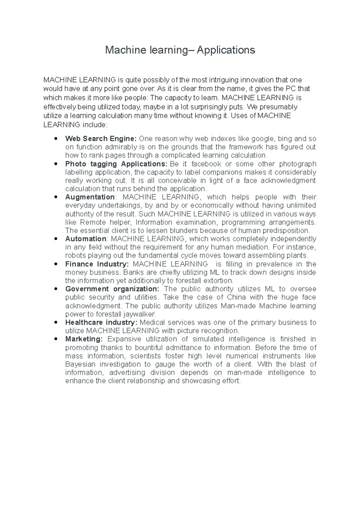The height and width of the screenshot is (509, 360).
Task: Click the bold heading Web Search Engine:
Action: tap(101, 139)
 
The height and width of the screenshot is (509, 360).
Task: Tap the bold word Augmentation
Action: tap(90, 197)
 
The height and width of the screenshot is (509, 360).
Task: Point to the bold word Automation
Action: tap(85, 239)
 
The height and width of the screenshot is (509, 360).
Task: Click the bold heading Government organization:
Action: tap(112, 289)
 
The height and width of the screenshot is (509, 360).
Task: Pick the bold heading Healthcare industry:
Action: tap(101, 323)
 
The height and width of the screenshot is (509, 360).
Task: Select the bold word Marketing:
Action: tap(84, 339)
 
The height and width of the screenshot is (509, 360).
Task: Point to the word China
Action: tap(236, 297)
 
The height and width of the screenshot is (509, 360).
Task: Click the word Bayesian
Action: tap(80, 364)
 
